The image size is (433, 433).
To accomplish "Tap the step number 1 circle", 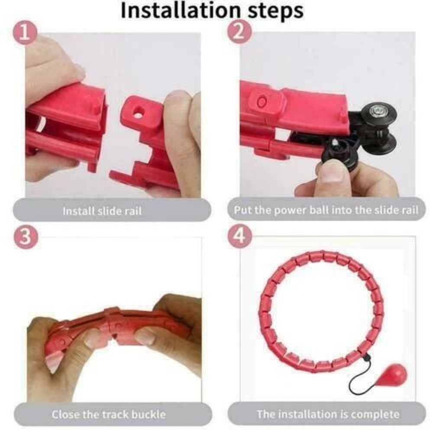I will [x=27, y=34].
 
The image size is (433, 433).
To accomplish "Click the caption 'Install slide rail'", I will [x=102, y=211].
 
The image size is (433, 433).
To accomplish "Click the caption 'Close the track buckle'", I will [x=109, y=414].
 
